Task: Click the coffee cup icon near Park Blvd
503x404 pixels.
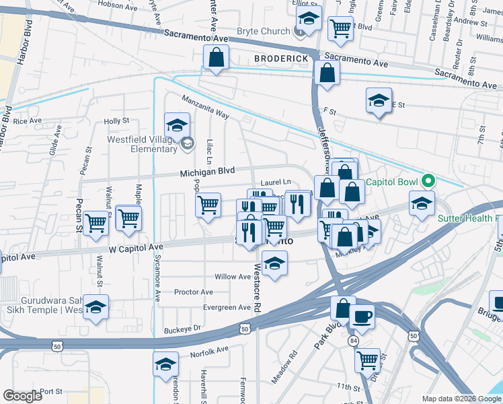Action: tap(362, 316)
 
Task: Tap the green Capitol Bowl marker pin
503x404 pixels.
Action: tap(426, 181)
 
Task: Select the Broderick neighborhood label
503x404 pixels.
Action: tap(281, 59)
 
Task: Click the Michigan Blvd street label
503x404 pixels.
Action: tap(207, 172)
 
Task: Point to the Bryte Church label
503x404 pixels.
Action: tap(263, 31)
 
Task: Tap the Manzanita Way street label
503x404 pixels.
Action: tap(204, 108)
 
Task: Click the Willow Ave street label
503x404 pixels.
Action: tap(232, 277)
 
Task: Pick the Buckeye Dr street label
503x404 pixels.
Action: tap(182, 329)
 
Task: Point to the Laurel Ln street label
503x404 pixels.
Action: tap(276, 182)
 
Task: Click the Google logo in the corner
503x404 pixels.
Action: tap(22, 396)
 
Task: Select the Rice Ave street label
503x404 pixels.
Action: tap(28, 121)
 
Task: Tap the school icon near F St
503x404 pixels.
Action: tap(379, 101)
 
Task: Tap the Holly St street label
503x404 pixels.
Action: tap(116, 121)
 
